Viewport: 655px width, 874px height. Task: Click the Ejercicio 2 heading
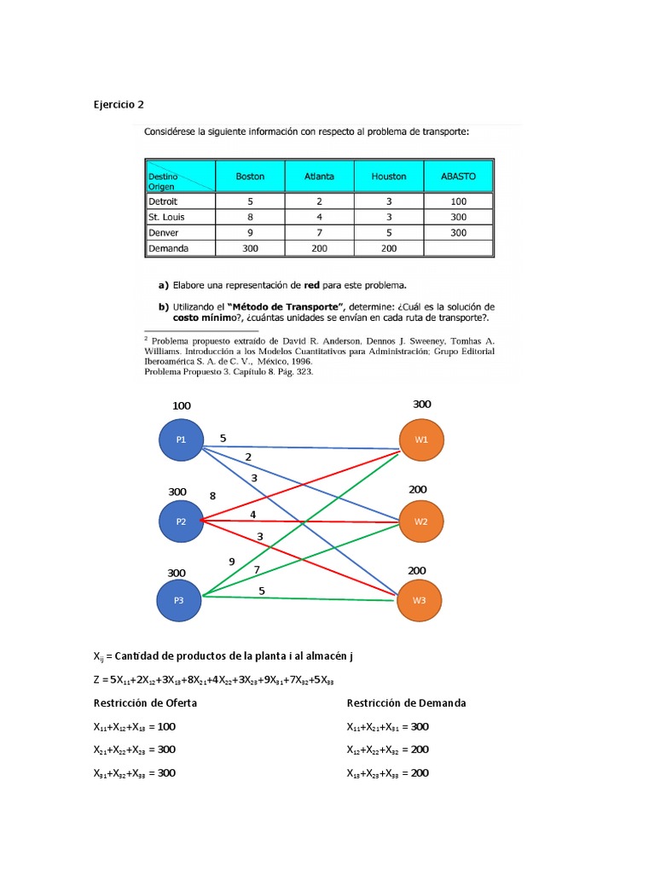pyautogui.click(x=119, y=104)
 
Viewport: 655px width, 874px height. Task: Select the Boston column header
pyautogui.click(x=250, y=177)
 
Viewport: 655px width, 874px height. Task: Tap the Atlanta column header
pyautogui.click(x=319, y=177)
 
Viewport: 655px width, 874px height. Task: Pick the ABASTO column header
pyautogui.click(x=458, y=177)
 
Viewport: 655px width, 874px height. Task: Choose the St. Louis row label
pyautogui.click(x=166, y=217)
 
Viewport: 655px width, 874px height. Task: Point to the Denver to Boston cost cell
pyautogui.click(x=250, y=232)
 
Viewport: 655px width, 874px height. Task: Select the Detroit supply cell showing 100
pyautogui.click(x=458, y=201)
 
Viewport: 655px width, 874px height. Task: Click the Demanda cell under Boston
pyautogui.click(x=250, y=248)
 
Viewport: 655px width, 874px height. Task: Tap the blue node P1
pyautogui.click(x=181, y=440)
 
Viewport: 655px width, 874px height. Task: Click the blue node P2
pyautogui.click(x=181, y=521)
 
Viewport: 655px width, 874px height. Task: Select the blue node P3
pyautogui.click(x=179, y=600)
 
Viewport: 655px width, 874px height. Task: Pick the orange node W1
pyautogui.click(x=421, y=440)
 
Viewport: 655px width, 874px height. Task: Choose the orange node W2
pyautogui.click(x=421, y=521)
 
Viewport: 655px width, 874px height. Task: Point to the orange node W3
pyautogui.click(x=419, y=600)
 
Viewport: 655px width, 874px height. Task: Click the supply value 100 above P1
pyautogui.click(x=182, y=406)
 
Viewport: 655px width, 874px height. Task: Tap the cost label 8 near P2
pyautogui.click(x=212, y=496)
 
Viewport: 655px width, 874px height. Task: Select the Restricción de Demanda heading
pyautogui.click(x=406, y=703)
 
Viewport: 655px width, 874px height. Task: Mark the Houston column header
pyautogui.click(x=389, y=177)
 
